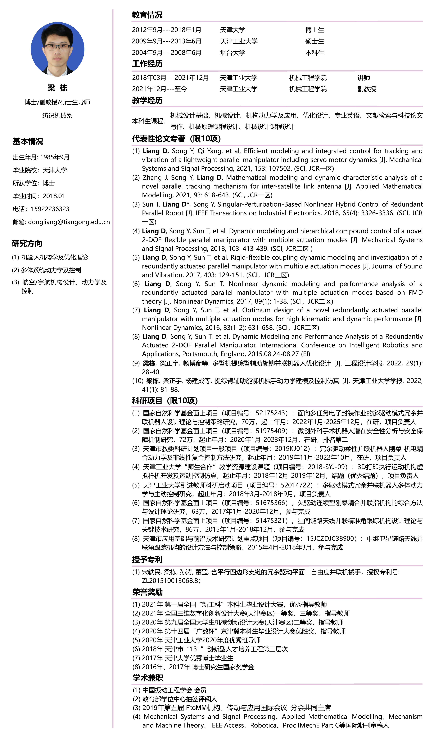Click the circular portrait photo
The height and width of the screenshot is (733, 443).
57,49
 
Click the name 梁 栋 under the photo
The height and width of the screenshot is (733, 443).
57,88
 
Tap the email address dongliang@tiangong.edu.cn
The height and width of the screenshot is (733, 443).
69,222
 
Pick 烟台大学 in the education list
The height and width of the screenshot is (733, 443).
233,53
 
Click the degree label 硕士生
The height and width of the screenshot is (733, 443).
315,41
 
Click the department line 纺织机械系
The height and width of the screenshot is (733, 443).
57,115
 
